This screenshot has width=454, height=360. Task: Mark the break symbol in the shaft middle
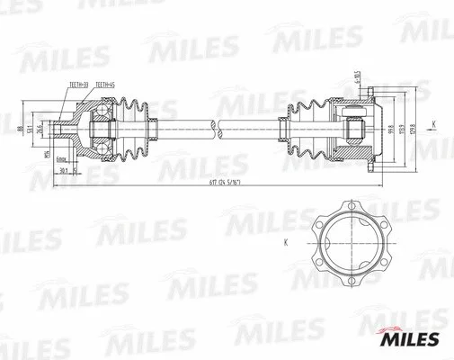click(x=216, y=129)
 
